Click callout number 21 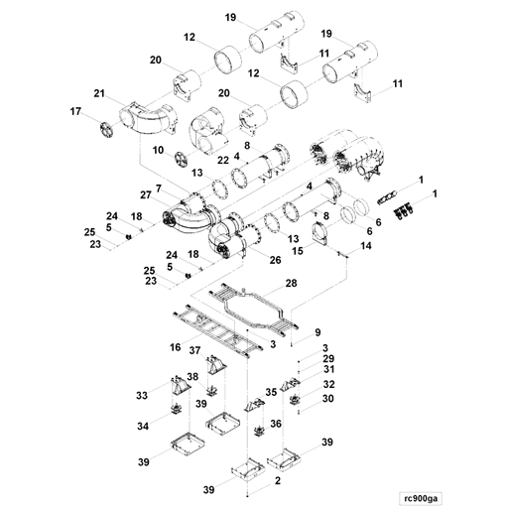(99, 93)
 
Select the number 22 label (223, 160)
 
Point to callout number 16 (175, 348)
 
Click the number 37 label (195, 351)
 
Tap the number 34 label (144, 426)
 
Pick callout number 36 (276, 424)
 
